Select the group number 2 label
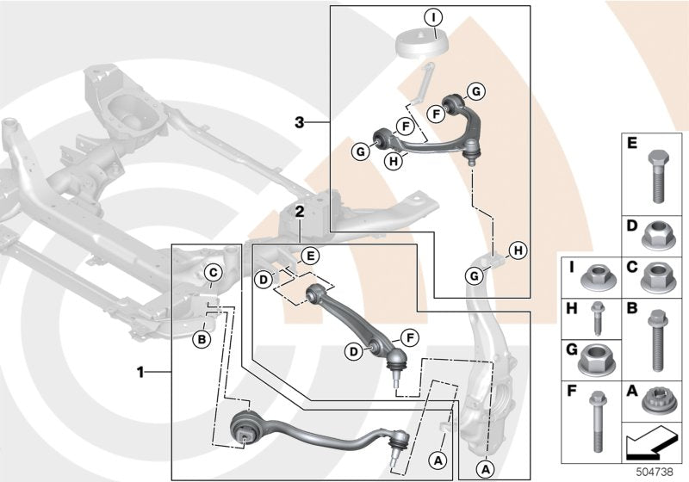[297, 210]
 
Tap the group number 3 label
[299, 123]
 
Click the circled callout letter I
[433, 15]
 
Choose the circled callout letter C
[212, 275]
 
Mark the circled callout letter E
[310, 255]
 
